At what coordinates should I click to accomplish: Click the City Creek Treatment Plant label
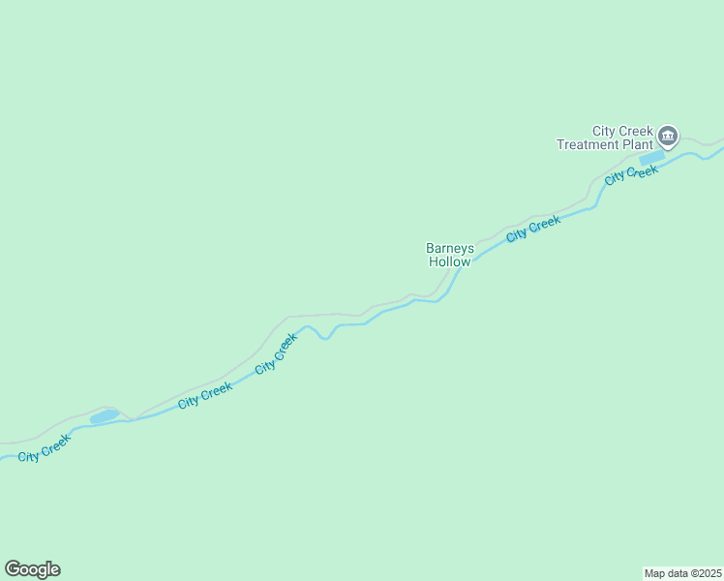605,138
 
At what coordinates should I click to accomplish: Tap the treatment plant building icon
668,136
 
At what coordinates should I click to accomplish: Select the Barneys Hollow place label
450,255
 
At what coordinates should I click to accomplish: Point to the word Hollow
450,261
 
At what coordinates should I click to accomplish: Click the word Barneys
450,248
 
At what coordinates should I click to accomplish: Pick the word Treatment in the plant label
588,145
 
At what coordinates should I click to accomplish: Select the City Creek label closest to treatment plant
631,175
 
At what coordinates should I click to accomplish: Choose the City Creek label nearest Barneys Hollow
533,229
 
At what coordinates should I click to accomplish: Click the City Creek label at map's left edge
45,447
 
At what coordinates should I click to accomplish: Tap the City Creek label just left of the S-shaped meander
277,354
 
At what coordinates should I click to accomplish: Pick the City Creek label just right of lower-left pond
205,394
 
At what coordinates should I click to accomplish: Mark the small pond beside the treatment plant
651,157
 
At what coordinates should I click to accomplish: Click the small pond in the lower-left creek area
105,416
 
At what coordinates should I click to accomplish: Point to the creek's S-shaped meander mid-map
325,332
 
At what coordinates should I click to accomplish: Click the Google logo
32,569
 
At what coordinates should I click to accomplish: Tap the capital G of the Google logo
13,568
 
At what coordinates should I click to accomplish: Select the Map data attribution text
682,572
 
